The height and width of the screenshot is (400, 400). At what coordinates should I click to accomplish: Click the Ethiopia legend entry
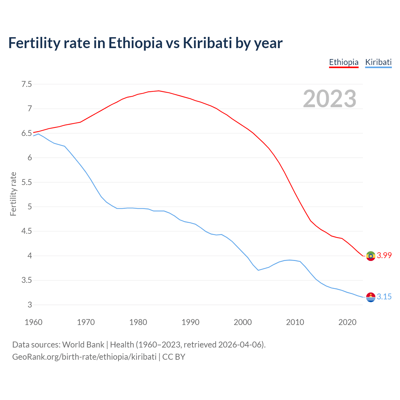click(x=344, y=62)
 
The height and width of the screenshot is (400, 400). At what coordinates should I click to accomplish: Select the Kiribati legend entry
click(x=378, y=62)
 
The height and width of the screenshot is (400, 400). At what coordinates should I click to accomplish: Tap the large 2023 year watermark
click(x=330, y=99)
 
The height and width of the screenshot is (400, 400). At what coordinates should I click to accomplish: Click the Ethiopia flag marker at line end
click(x=371, y=256)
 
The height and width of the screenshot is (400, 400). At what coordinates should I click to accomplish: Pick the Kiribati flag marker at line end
click(x=371, y=297)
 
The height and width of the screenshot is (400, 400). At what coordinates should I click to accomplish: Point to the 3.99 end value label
click(x=384, y=255)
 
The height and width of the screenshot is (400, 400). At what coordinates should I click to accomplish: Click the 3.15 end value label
click(x=384, y=297)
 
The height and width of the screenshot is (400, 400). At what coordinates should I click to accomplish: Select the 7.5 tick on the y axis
click(x=27, y=84)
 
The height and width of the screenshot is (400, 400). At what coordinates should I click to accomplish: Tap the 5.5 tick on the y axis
click(x=27, y=182)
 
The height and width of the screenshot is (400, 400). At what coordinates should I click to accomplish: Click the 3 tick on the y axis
click(x=30, y=305)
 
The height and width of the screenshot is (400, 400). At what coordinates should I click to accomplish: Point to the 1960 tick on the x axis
click(x=33, y=322)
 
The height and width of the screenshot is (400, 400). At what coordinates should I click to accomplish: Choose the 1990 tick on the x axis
click(x=190, y=322)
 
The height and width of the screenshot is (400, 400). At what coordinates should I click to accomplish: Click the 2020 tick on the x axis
click(x=347, y=322)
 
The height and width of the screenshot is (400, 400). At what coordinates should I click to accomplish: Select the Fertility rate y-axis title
click(x=13, y=194)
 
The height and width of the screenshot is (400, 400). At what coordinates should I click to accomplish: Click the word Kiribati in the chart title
click(x=207, y=43)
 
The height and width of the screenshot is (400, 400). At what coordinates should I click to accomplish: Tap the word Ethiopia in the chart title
click(x=135, y=43)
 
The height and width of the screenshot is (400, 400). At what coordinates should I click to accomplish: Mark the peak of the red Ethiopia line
click(x=159, y=91)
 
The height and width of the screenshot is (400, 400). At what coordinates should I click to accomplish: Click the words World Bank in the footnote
click(x=83, y=345)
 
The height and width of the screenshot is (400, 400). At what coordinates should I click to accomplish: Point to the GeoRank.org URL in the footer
click(x=84, y=357)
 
